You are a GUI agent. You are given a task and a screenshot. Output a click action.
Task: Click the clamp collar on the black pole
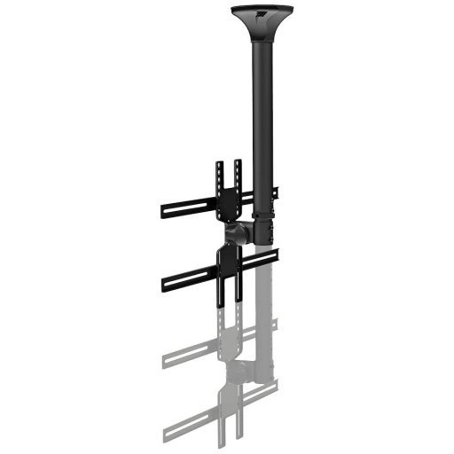pos(263,216)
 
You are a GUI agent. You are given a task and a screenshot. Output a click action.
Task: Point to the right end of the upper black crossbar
pos(274,192)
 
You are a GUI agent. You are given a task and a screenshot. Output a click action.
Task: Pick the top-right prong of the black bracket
pos(238,168)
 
